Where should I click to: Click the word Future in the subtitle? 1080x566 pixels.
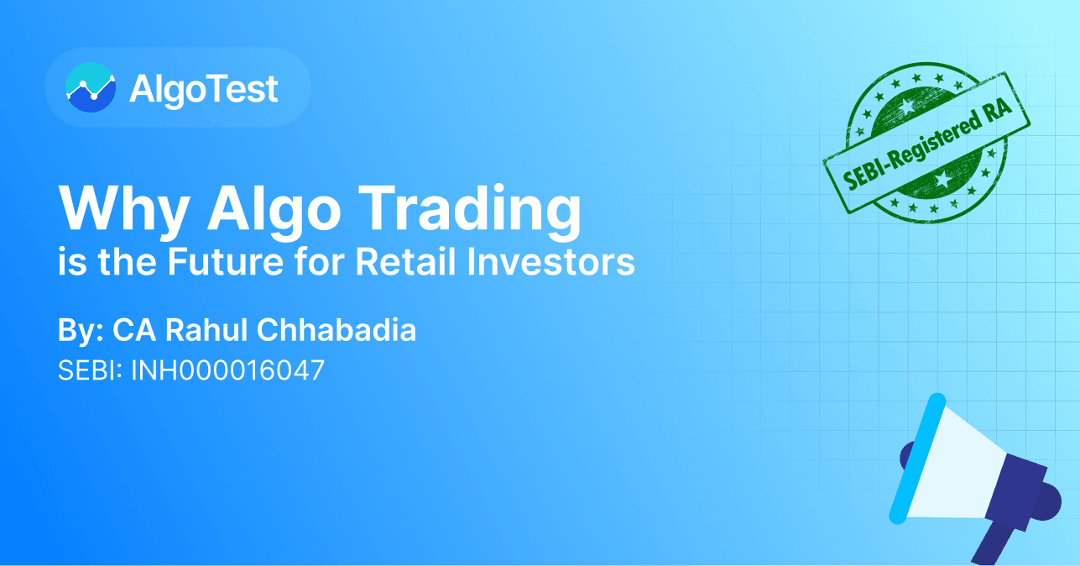point(220,262)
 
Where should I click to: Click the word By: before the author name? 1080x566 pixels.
point(80,330)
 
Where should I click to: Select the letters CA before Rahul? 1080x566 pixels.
point(130,330)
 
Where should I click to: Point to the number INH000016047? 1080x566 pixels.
point(227,371)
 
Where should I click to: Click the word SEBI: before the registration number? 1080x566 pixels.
point(90,371)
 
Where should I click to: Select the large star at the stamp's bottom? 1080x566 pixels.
point(943,180)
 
